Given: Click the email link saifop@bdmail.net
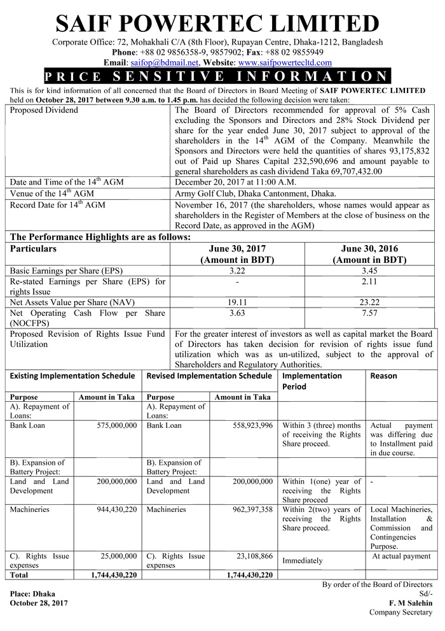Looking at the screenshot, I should click(164, 62).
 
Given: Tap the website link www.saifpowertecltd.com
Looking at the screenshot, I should click(285, 62).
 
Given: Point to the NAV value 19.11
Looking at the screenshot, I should click(237, 302).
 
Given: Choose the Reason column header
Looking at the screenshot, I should click(383, 376).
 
